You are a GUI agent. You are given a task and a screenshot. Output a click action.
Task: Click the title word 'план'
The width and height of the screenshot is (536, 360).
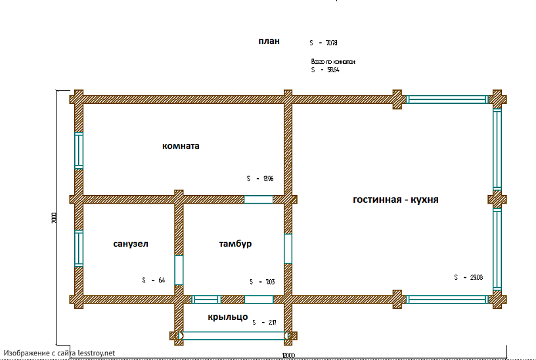269,41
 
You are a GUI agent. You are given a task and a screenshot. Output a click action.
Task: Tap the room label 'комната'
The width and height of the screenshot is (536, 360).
181,146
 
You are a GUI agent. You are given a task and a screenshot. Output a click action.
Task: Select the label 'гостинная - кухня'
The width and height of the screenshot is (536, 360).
395,199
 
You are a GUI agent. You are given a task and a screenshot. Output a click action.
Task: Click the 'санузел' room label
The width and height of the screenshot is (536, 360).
131,244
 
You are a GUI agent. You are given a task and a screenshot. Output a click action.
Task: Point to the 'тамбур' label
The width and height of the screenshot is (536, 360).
235,244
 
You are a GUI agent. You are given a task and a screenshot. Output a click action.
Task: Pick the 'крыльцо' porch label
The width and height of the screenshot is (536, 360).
227,317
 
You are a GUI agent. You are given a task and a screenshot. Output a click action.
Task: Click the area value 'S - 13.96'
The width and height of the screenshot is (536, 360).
260,179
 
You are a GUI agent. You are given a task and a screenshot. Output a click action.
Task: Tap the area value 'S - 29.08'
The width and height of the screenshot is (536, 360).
468,277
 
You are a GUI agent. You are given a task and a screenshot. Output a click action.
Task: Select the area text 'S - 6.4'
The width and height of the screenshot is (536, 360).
153,281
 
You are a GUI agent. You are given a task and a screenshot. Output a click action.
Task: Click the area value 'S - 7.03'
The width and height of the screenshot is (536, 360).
261,282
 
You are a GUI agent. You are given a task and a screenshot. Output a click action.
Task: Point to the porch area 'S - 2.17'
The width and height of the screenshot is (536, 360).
264,323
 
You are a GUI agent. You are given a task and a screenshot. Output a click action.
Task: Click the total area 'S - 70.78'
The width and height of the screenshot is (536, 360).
323,43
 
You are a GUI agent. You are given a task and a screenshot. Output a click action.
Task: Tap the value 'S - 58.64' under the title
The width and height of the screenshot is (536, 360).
324,68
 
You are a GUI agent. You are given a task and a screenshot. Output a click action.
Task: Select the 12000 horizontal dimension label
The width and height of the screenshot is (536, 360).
288,355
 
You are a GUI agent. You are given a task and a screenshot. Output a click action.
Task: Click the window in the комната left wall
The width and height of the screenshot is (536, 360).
79,151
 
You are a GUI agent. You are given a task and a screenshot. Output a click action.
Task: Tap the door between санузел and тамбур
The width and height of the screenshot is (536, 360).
179,269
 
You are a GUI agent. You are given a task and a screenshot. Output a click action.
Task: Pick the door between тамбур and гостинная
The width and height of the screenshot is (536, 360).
288,248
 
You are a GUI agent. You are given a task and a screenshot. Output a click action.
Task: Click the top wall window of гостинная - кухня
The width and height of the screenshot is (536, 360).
446,99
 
